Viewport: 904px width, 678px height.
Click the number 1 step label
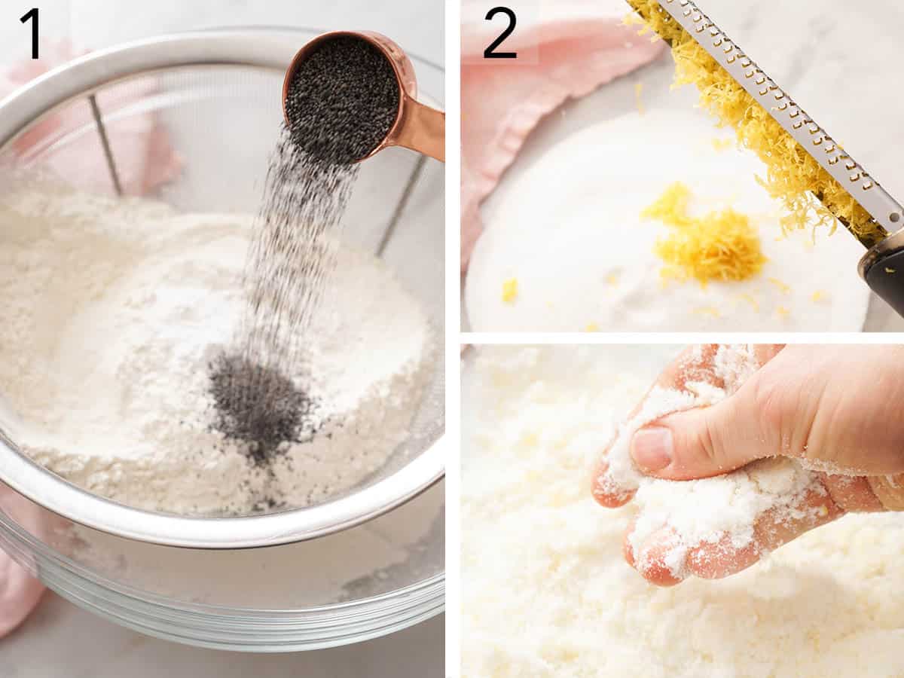31,33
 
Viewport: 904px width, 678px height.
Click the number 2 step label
499,33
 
